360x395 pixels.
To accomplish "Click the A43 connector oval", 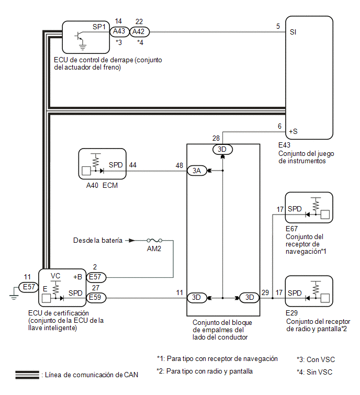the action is click(x=119, y=32).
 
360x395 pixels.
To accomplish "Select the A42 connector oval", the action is click(x=139, y=32).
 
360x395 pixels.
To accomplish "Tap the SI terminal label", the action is click(x=293, y=32).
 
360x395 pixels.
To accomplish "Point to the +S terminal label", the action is click(x=293, y=131).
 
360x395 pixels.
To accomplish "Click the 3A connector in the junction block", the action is click(x=197, y=171).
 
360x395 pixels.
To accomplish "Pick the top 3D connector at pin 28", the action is click(x=222, y=150).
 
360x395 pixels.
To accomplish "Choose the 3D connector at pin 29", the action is click(x=249, y=298).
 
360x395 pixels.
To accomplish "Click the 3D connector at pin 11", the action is click(x=197, y=298).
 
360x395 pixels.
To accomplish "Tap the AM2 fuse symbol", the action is click(x=154, y=240).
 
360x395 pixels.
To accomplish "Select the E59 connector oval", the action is click(x=96, y=298).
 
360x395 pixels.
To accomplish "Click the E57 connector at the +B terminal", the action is click(x=96, y=277).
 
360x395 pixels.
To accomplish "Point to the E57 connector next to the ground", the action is click(x=28, y=287).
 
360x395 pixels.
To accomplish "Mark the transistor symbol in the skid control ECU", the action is click(x=79, y=36).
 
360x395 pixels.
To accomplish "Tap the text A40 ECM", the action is click(x=102, y=185).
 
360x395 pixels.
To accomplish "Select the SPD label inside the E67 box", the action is click(x=295, y=209).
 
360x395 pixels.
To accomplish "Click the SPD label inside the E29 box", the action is click(x=295, y=293).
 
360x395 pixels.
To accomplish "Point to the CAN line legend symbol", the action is click(x=27, y=375).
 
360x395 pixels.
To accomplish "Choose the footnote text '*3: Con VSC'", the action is click(x=316, y=359).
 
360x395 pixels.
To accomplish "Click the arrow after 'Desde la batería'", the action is click(x=130, y=240).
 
